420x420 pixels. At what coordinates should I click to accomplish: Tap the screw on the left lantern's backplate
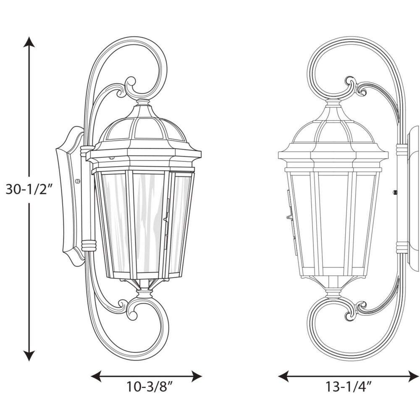[78, 181]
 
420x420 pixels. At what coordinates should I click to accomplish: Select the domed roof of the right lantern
[333, 128]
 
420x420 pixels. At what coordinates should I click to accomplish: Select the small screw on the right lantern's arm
[394, 192]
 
